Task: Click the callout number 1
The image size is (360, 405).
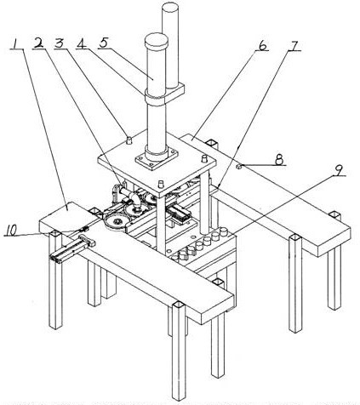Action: [15, 43]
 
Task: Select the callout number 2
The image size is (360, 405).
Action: [39, 43]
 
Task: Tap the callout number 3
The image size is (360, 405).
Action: [60, 43]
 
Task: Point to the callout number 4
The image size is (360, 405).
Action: [82, 43]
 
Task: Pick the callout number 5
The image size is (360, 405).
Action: [104, 43]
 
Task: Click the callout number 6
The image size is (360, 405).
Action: [262, 45]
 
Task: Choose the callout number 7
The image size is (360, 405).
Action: [294, 45]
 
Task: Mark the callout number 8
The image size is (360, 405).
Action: [279, 160]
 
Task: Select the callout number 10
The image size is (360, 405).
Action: [11, 231]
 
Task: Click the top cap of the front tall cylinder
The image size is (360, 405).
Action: [157, 42]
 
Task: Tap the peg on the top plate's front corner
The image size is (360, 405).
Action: [162, 184]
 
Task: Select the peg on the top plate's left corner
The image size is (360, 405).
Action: [129, 140]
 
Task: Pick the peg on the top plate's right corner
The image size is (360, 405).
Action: [203, 158]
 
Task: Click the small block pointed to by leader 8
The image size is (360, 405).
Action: [239, 167]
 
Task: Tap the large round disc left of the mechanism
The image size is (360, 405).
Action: [116, 222]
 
